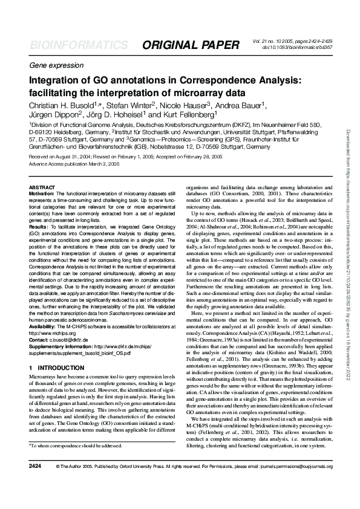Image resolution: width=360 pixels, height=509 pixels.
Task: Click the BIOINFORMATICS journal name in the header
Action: [x=79, y=46]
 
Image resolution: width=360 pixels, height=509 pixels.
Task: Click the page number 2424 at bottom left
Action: [x=35, y=484]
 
